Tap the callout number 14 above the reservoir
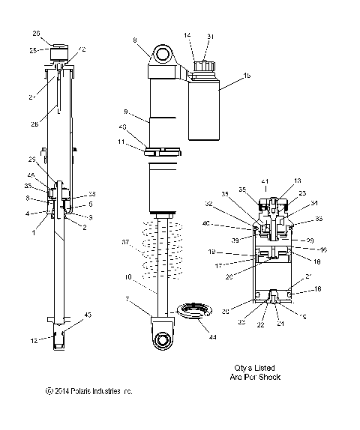(187, 35)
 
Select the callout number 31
(211, 35)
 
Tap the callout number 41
(263, 182)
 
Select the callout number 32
(229, 204)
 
